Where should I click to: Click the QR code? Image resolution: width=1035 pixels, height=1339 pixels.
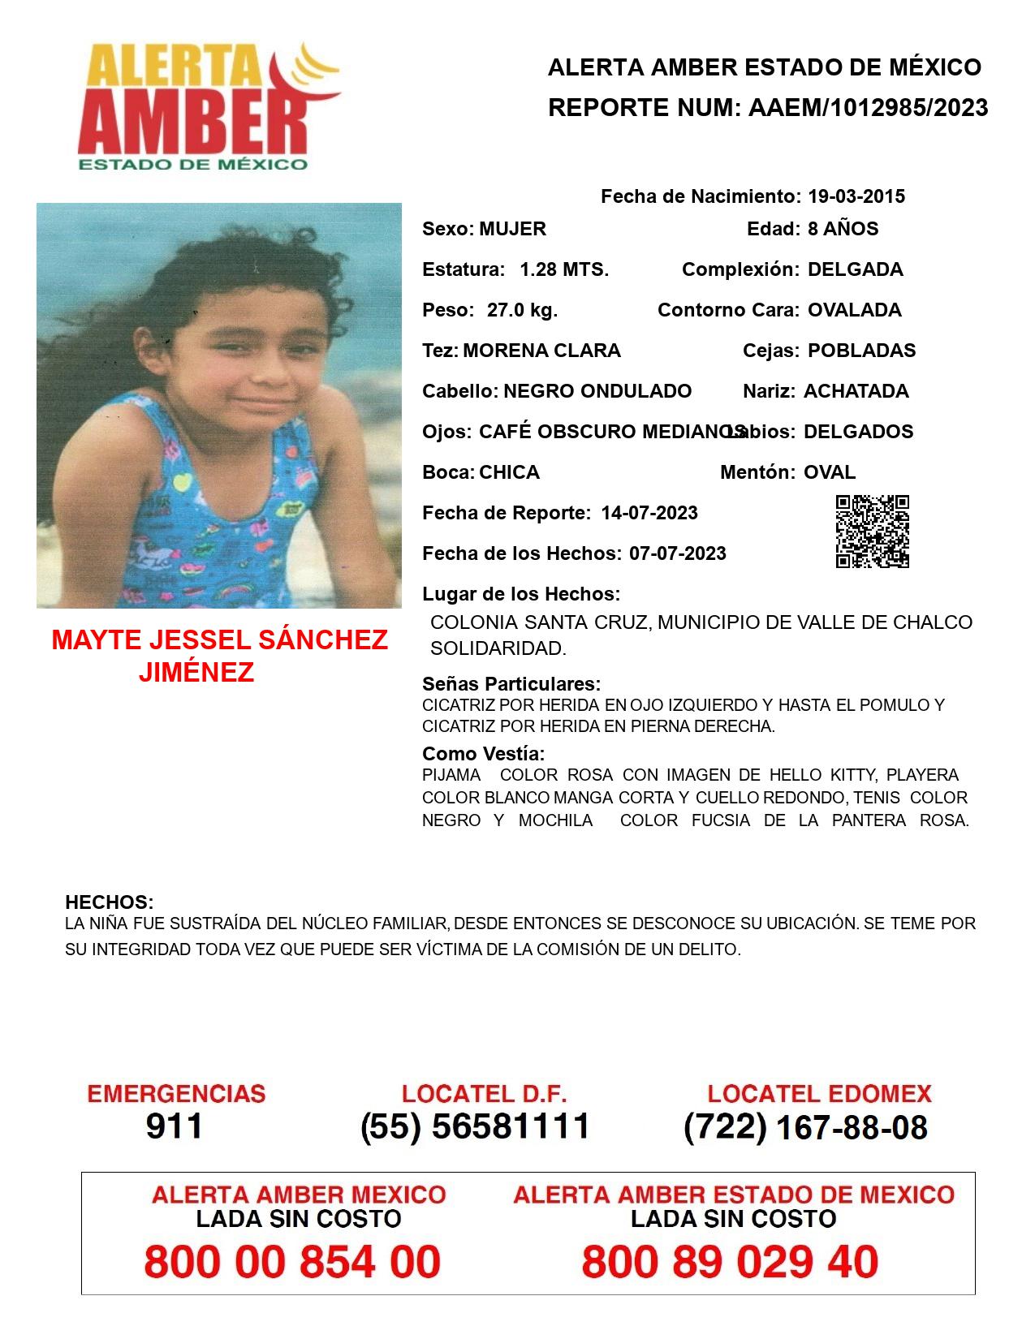coord(872,532)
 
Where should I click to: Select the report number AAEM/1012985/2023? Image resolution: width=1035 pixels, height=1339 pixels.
coord(868,107)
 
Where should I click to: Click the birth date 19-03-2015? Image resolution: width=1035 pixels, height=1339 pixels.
coord(856,196)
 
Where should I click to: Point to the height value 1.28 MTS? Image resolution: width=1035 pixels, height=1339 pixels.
coord(564,269)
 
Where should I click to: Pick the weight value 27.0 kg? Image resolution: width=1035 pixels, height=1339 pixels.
coord(522,310)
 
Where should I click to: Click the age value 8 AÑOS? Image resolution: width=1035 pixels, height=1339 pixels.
coord(843,229)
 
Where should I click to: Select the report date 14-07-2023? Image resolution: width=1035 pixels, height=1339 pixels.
coord(649,513)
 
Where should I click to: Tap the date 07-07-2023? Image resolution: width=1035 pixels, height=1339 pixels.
coord(677,553)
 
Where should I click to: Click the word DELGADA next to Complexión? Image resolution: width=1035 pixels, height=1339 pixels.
coord(855,269)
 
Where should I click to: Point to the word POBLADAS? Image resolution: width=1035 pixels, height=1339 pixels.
coord(861,351)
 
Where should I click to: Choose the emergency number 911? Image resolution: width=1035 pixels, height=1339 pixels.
coord(175,1126)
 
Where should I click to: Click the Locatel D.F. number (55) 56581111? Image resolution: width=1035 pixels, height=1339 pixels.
coord(475,1126)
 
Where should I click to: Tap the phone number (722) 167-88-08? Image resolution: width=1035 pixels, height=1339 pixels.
coord(805,1127)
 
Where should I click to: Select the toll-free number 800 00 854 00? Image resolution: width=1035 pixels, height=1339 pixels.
coord(292,1262)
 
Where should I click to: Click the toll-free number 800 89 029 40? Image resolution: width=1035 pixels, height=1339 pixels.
coord(730,1262)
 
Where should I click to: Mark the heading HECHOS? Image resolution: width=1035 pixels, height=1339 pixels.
coord(109,902)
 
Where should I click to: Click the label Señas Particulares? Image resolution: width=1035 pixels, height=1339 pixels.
coord(511,683)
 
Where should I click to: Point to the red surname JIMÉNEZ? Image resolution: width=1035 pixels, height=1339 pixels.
coord(196,672)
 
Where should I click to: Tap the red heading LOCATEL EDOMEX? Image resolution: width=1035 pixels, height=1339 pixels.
coord(819,1094)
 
